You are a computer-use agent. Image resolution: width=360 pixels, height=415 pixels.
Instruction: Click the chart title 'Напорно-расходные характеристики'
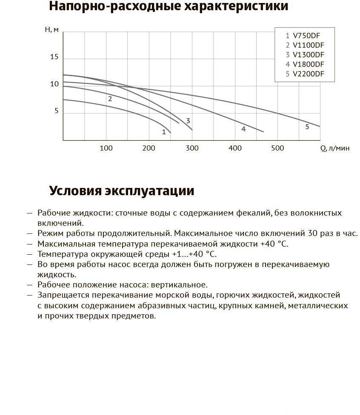[169, 7]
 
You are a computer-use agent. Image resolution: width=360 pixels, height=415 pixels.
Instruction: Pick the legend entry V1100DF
[305, 45]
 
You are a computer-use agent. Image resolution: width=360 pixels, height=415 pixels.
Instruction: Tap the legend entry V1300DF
[305, 55]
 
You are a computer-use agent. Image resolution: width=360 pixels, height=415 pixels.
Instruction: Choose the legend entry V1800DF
[305, 65]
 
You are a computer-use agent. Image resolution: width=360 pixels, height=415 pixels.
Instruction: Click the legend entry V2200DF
[305, 74]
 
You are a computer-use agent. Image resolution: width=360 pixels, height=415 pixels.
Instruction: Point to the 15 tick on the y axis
[54, 57]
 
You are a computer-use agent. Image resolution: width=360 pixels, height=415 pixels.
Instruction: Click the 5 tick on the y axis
[56, 111]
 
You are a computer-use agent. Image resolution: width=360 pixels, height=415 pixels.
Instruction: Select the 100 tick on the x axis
[106, 148]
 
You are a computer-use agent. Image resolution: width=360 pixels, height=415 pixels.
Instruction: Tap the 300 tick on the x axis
[192, 148]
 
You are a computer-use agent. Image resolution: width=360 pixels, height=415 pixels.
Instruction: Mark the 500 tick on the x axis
[277, 148]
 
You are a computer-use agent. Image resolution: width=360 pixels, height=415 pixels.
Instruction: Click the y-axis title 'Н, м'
[51, 30]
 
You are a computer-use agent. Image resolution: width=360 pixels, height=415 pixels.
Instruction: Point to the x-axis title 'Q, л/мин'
[335, 148]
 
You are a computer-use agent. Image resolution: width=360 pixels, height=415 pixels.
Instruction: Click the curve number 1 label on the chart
[164, 132]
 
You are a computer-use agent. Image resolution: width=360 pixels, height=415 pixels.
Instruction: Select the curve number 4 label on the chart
[243, 129]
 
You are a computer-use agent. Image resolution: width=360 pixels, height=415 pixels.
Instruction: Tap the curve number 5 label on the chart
[307, 127]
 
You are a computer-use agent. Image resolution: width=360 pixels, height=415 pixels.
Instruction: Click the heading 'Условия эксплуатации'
[122, 191]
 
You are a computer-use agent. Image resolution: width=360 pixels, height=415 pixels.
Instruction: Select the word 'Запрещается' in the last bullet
[60, 295]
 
